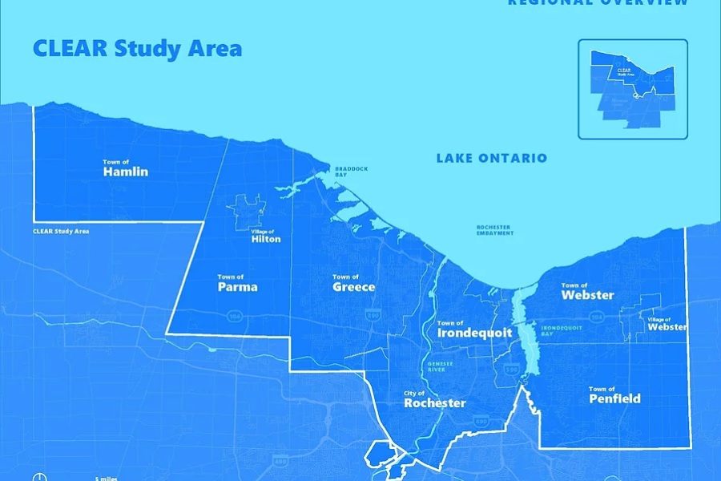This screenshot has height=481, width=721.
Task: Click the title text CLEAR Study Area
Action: tap(137, 48)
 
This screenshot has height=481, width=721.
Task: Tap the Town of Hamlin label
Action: tap(126, 168)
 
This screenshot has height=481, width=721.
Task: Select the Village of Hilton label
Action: tap(266, 236)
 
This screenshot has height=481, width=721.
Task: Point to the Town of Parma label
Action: tap(237, 284)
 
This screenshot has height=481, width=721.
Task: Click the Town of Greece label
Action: tap(353, 284)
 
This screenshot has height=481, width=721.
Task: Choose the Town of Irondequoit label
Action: tap(474, 329)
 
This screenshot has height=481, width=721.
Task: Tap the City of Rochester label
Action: tap(434, 400)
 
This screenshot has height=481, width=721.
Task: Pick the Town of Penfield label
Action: tap(614, 395)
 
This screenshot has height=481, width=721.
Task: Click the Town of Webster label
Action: tap(587, 292)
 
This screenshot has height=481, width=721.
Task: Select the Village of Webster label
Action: tap(667, 324)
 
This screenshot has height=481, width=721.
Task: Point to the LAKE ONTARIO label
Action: tap(491, 158)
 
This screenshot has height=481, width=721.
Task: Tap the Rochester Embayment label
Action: tap(494, 230)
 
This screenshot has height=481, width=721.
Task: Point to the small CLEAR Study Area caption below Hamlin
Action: tap(61, 232)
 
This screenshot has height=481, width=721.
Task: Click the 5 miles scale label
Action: tap(107, 479)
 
